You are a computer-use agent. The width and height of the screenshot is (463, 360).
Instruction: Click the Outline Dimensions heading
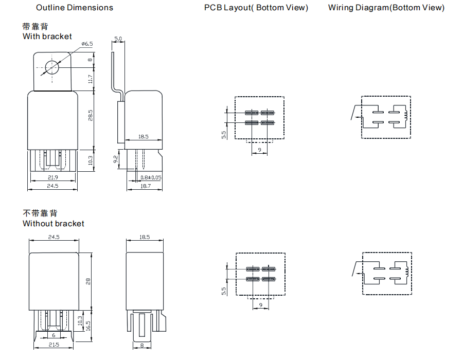[75, 8]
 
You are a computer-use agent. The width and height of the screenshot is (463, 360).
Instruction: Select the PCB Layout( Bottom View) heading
[256, 8]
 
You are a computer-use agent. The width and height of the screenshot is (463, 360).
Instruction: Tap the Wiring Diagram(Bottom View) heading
[386, 8]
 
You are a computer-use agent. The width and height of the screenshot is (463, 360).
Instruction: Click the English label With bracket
[47, 37]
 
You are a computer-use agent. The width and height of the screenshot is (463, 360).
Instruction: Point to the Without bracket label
[54, 224]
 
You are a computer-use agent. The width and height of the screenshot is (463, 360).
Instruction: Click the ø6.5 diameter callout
[87, 44]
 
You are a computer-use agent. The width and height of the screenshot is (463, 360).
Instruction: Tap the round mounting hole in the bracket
[52, 67]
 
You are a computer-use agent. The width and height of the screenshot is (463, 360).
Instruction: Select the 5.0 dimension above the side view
[118, 39]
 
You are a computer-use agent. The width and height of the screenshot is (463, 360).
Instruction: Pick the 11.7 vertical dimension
[90, 79]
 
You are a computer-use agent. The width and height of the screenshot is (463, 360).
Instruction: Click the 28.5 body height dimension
[90, 116]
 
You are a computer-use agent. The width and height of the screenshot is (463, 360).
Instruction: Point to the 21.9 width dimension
[52, 177]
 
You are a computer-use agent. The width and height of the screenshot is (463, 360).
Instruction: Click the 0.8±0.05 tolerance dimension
[151, 177]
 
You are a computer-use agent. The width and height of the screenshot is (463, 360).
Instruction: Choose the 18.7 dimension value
[146, 186]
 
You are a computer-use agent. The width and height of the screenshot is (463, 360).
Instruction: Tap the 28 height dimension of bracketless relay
[88, 281]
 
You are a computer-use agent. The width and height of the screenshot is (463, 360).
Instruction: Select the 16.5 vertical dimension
[88, 326]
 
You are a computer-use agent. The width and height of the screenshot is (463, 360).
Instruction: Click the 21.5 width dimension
[54, 344]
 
